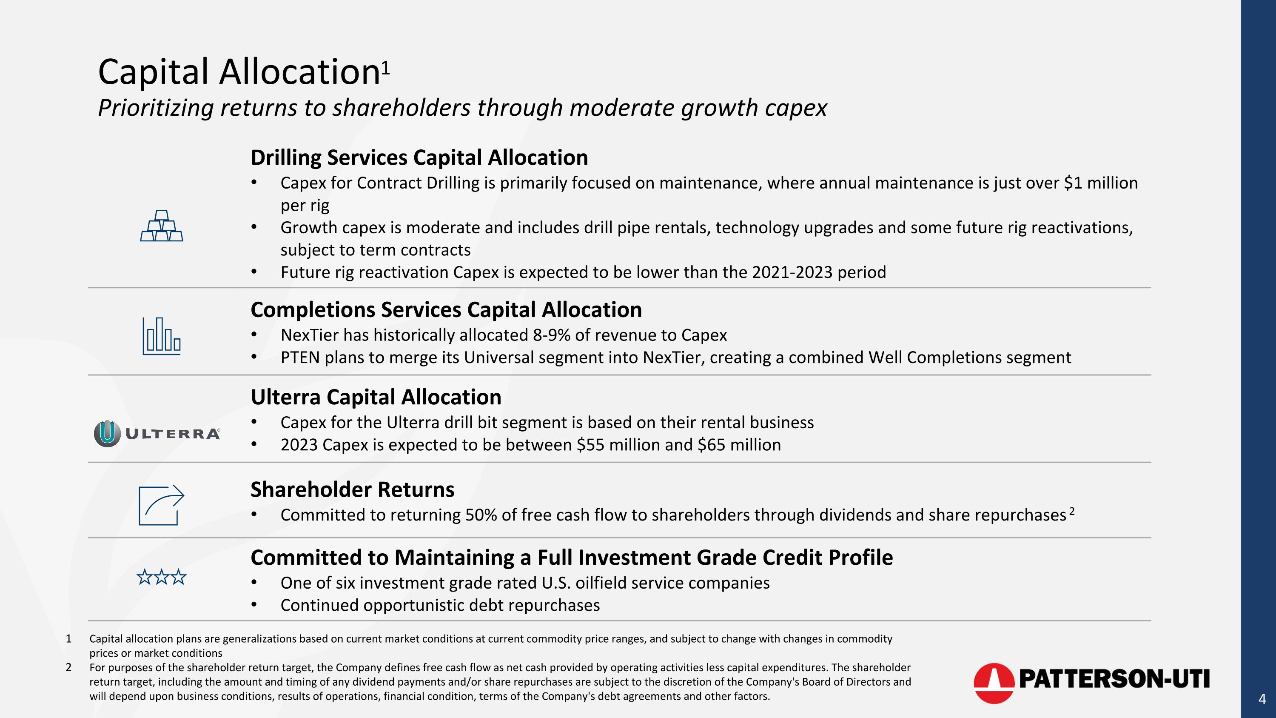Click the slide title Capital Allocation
point(239,72)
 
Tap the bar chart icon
point(162,336)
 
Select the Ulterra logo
point(157,434)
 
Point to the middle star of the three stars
point(162,577)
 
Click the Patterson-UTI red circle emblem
point(993,683)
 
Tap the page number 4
point(1262,699)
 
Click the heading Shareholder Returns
point(352,489)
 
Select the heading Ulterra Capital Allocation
point(376,398)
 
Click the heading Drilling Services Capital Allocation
point(419,157)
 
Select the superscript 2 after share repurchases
point(1072,511)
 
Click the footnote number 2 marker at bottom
point(69,667)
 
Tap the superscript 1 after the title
point(386,67)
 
